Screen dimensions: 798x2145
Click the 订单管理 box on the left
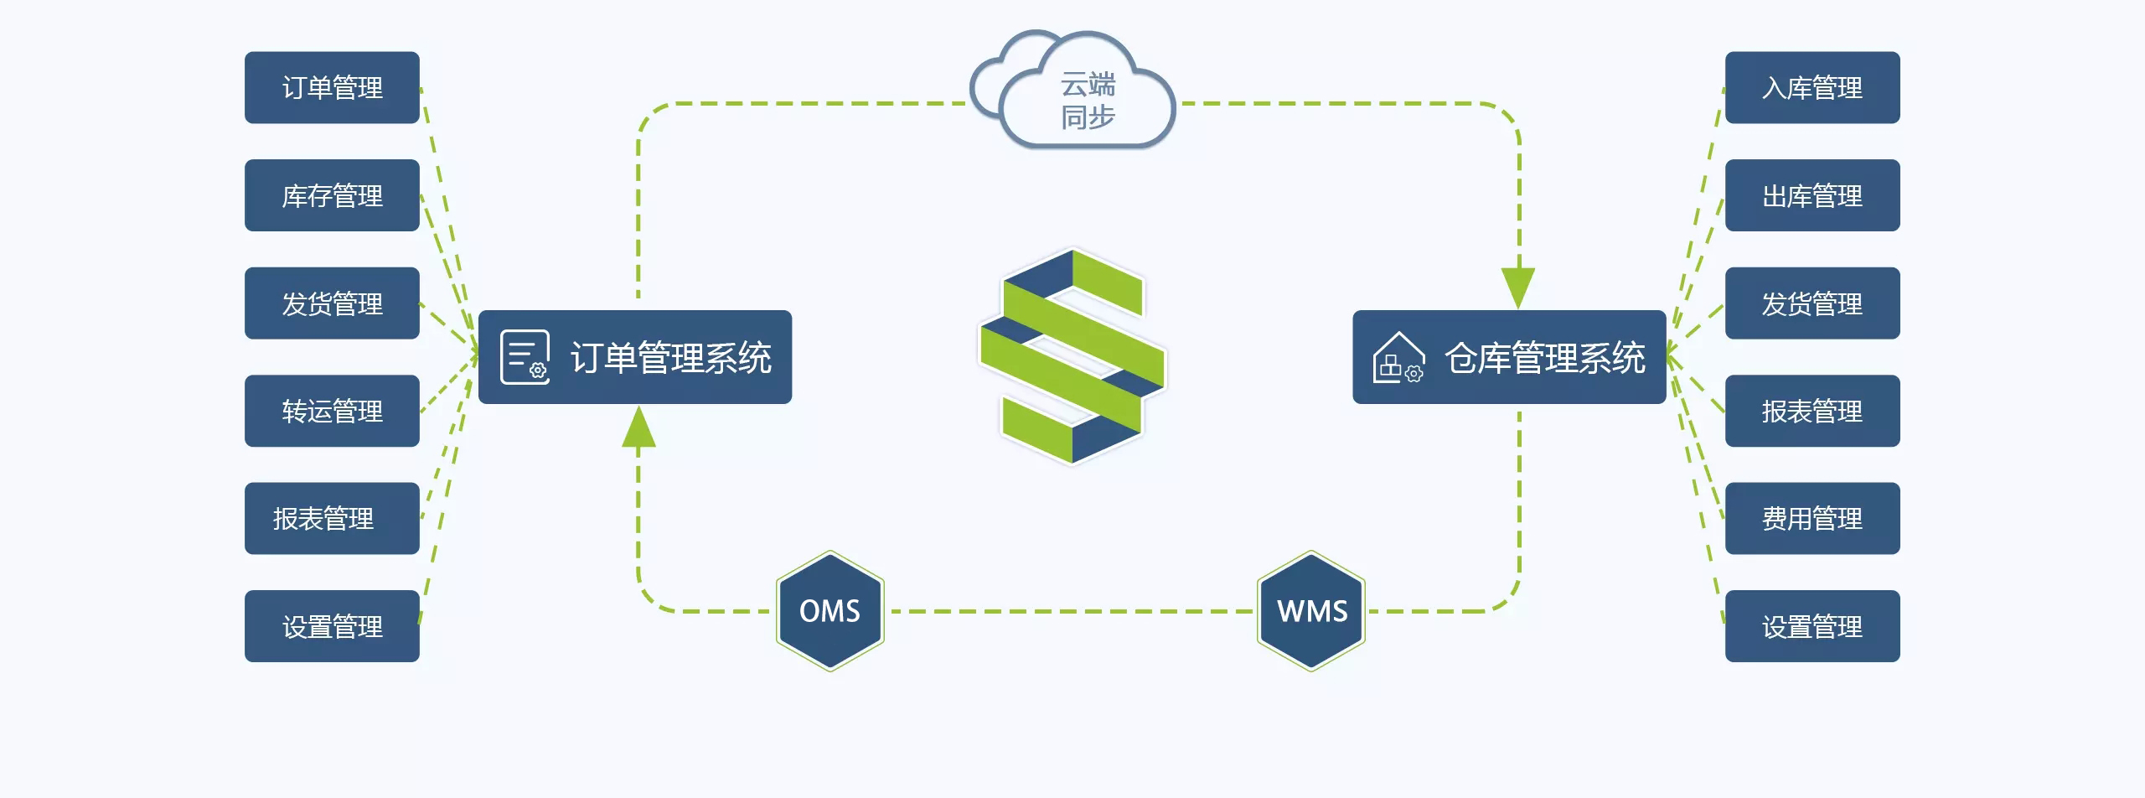click(332, 88)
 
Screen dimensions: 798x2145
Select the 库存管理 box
click(332, 195)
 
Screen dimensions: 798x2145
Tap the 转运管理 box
click(332, 411)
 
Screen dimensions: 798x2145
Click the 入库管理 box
click(1812, 88)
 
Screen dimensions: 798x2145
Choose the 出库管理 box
click(1812, 195)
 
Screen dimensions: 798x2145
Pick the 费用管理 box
click(1812, 518)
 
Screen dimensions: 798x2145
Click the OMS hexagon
click(830, 610)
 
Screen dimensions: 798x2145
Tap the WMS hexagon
click(1311, 610)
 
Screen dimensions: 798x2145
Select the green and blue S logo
click(1072, 356)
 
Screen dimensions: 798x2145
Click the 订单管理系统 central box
click(634, 357)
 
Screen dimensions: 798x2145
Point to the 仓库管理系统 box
click(1508, 357)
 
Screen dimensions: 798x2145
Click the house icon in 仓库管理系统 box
click(1398, 358)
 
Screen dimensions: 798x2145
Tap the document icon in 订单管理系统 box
click(525, 357)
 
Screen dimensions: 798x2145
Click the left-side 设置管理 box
click(332, 626)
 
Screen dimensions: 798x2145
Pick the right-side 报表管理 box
click(1812, 411)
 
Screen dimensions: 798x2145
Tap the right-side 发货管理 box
click(1812, 303)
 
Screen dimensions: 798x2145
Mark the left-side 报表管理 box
click(332, 518)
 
